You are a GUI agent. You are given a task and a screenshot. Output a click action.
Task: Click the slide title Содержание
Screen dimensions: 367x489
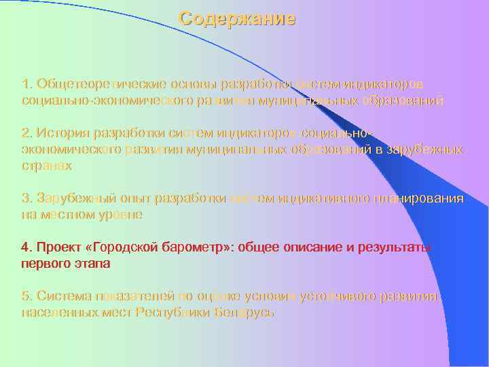[237, 19]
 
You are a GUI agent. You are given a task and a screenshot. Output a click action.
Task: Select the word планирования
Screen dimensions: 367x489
[419, 198]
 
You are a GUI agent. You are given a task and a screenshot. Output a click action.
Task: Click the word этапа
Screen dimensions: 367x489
[92, 262]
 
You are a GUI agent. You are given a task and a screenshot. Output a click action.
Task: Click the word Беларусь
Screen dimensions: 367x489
[244, 312]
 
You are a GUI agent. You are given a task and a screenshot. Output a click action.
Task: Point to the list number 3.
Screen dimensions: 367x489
[26, 198]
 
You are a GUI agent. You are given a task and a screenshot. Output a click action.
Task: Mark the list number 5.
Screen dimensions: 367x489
[26, 296]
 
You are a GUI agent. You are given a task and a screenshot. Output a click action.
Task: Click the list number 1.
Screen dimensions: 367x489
[26, 84]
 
